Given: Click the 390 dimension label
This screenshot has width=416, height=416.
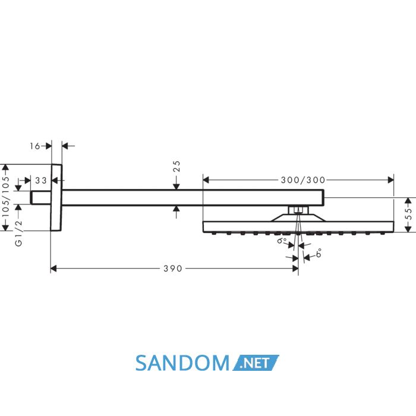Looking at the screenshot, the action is coord(173,269).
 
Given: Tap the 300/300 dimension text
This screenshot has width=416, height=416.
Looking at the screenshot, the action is coord(303,180).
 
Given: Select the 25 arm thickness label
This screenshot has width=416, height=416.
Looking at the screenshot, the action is coord(177,166).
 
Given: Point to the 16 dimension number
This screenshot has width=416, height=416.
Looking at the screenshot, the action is coord(34,146).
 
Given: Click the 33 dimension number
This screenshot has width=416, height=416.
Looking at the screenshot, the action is coord(41,181).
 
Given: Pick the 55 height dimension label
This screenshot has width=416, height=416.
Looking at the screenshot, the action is coord(409,214).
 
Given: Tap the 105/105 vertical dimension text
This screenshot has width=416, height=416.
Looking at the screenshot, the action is coord(5,197).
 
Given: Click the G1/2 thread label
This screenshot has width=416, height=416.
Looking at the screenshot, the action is coord(18,233).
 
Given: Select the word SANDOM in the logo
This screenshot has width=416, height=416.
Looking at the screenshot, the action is coord(182,363).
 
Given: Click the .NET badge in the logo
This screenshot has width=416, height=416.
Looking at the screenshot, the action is coord(256,363).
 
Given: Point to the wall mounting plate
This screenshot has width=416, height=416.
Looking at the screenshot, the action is coord(56,198).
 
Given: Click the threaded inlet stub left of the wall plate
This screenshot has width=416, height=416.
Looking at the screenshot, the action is coord(40,198).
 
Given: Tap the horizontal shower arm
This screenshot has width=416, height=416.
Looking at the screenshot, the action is coord(193,198).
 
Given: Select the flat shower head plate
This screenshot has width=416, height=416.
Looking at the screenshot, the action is coord(298,227).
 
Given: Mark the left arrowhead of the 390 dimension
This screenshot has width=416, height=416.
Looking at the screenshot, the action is coord(53,269).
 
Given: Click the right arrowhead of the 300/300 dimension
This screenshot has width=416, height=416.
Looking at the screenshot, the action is coord(391,180).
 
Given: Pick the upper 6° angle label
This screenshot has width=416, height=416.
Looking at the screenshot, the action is coord(282,240).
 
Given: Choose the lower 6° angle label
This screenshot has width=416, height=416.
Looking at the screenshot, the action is coord(319,253).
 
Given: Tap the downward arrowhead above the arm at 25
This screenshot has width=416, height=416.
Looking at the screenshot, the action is coord(177,187).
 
